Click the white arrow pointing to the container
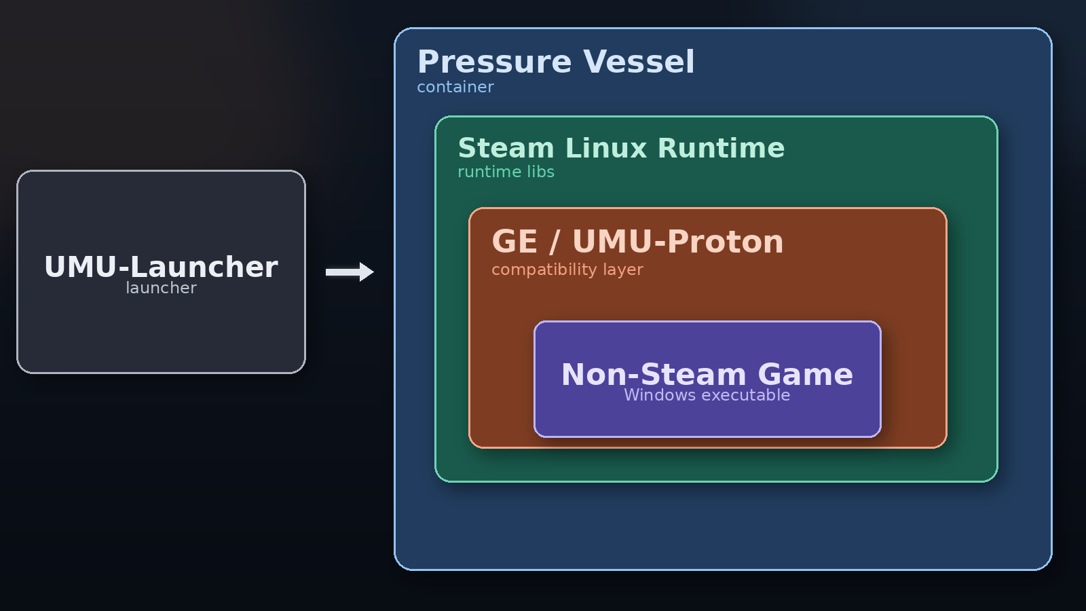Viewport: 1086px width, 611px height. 350,272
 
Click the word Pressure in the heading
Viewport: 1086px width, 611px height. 494,62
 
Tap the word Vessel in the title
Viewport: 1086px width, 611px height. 639,62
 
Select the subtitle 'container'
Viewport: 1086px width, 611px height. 455,87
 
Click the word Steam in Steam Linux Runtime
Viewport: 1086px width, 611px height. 506,148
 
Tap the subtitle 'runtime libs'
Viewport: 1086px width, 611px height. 506,172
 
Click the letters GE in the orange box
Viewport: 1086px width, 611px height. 514,242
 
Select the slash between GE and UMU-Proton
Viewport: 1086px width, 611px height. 555,242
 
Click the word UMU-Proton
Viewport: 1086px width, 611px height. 677,242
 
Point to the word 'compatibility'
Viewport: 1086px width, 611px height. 544,270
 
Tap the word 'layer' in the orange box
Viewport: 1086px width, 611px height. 622,270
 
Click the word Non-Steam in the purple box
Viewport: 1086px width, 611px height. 654,375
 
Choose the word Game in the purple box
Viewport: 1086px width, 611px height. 805,375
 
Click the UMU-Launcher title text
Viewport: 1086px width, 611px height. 161,267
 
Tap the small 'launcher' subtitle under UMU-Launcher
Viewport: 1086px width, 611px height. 161,288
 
